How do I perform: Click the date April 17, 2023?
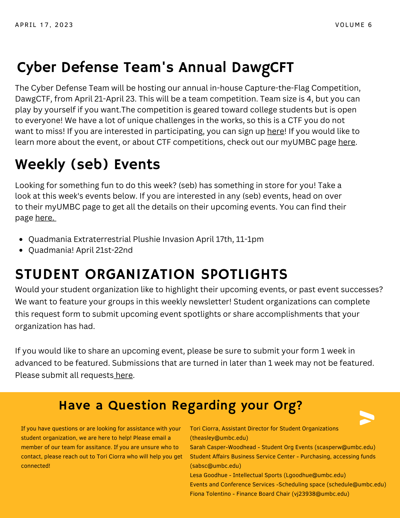pos(44,25)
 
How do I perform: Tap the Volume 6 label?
pos(353,25)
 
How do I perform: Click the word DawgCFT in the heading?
pos(263,67)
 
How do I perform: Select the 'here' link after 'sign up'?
pos(275,131)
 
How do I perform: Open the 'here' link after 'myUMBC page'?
pos(346,142)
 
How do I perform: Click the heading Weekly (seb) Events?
pos(88,164)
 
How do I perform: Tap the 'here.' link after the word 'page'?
pos(45,218)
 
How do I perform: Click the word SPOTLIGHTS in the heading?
pos(244,274)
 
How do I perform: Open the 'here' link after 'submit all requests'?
pos(124,375)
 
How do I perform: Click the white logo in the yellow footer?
pos(367,418)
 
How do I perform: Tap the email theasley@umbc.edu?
pos(219,438)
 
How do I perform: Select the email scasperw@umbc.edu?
pos(345,447)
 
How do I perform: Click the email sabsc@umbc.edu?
pos(215,466)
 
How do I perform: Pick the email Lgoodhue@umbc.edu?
pos(315,475)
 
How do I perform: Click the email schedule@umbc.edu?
pos(356,485)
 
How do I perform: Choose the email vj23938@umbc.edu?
pos(321,494)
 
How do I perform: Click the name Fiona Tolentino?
pos(210,494)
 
